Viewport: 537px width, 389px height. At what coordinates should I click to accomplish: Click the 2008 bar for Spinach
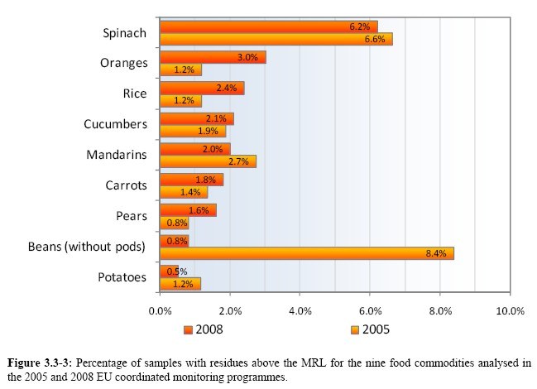coord(268,26)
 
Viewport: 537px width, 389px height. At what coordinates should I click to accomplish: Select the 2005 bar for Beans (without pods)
coord(306,252)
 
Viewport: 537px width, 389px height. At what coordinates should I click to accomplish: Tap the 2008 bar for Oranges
coord(213,58)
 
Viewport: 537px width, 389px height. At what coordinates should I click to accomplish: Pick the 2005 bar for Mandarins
coord(208,161)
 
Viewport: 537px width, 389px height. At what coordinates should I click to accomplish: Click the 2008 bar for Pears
coord(188,210)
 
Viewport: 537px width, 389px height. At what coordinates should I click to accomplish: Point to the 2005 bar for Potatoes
coord(180,284)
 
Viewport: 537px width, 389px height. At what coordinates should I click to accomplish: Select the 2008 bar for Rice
coord(202,88)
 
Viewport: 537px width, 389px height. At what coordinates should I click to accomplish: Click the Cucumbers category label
coord(116,124)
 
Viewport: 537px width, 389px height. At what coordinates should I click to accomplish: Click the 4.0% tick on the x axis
coord(300,310)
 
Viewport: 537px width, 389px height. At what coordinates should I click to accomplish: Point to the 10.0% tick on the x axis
coord(509,310)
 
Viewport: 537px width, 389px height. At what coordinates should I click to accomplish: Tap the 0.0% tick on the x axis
coord(160,310)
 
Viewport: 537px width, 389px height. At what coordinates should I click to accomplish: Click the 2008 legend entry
coord(207,329)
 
